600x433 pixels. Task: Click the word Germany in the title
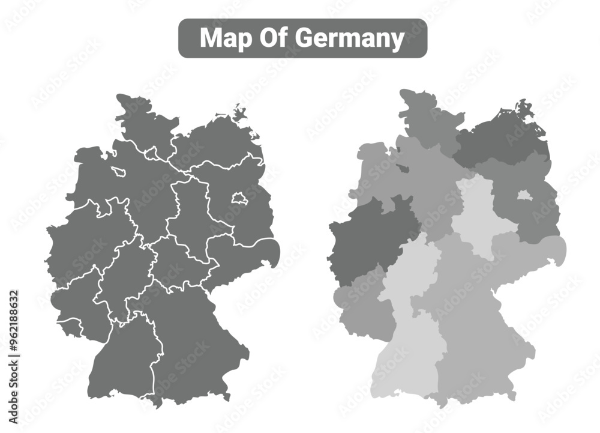tap(350, 38)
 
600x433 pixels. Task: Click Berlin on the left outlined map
tap(239, 198)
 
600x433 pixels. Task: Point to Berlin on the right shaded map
tap(524, 195)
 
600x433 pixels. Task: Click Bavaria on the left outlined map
tap(192, 342)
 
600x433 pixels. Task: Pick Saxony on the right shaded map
tap(528, 252)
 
